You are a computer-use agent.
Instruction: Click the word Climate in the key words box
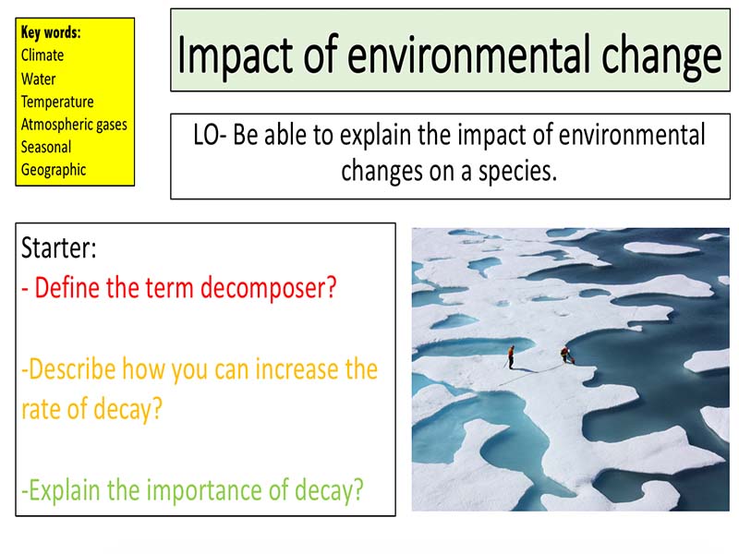tap(42, 55)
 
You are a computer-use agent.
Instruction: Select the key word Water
tap(38, 78)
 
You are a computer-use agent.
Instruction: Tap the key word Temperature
tap(57, 102)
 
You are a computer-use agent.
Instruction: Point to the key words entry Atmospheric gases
tap(74, 124)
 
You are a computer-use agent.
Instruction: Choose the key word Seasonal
tap(45, 147)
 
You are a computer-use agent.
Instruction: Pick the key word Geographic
tap(53, 170)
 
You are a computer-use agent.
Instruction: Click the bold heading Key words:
tap(50, 33)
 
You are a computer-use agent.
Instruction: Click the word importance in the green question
tap(206, 488)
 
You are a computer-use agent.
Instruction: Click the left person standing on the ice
tap(510, 355)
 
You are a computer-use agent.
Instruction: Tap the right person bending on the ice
tap(564, 354)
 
